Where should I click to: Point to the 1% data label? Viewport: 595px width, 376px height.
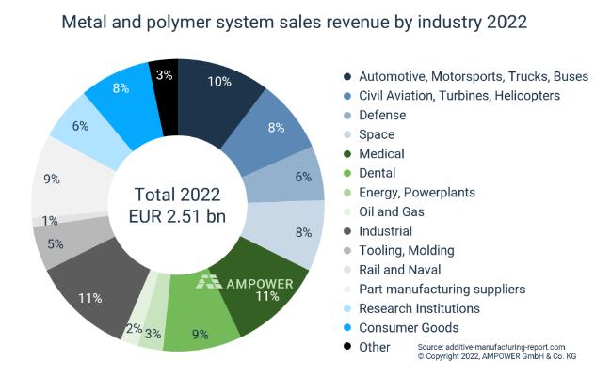click(49, 220)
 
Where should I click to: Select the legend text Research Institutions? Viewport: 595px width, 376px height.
click(419, 308)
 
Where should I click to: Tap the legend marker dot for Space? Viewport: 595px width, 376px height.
click(347, 134)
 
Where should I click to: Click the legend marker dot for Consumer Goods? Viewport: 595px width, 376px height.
click(347, 327)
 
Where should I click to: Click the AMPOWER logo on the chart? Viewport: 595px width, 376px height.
click(244, 282)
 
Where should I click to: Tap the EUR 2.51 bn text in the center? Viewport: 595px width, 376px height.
click(177, 216)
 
